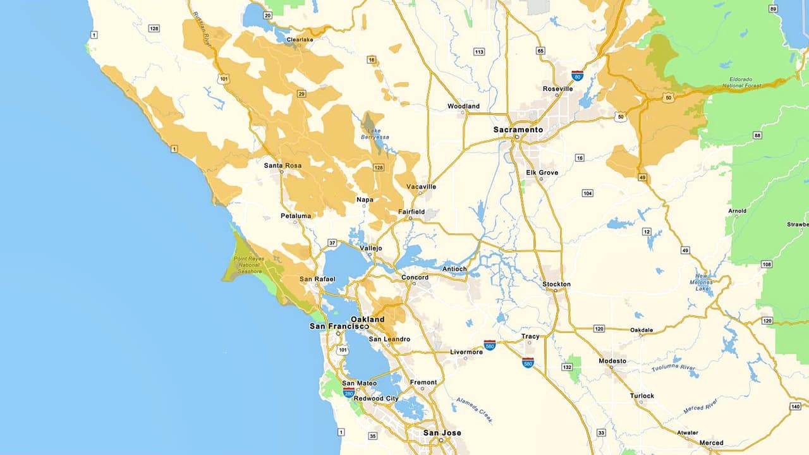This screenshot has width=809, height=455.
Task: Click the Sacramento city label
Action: coord(518,130)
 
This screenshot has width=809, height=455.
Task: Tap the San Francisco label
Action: coord(338,326)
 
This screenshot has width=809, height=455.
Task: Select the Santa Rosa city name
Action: coord(283,166)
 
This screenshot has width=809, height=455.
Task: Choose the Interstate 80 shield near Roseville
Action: coord(577,75)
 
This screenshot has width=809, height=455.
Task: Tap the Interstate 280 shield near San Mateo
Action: coord(348,392)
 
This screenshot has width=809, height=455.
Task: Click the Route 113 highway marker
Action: coord(479,52)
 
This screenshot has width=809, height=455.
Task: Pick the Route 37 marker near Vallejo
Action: coord(332,243)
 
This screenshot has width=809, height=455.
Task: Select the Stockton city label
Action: coord(556,284)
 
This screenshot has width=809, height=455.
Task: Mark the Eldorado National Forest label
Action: coord(742,83)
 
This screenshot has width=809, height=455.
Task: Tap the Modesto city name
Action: coord(612,361)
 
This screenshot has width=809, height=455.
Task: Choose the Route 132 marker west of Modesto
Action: coord(567,367)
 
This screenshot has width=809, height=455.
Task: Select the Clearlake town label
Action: coord(300,39)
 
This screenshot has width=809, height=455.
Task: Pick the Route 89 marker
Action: coord(772,9)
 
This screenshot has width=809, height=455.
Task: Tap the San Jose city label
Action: coord(442,433)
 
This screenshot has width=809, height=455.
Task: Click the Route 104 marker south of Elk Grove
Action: coord(587,193)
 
